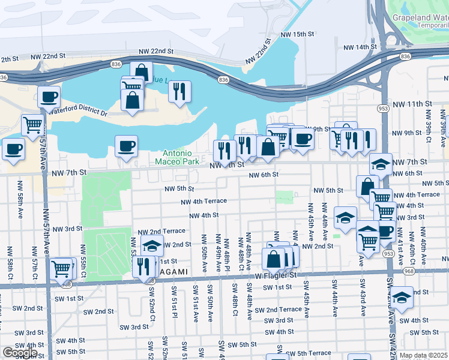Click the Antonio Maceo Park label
(176, 157)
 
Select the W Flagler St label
(276, 275)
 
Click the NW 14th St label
(358, 47)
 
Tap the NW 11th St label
(411, 104)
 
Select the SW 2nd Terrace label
(278, 310)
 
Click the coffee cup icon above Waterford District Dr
(49, 97)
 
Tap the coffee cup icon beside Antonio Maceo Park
(126, 146)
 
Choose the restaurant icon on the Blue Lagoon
(179, 91)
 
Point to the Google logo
(19, 353)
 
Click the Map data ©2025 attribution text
(423, 355)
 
